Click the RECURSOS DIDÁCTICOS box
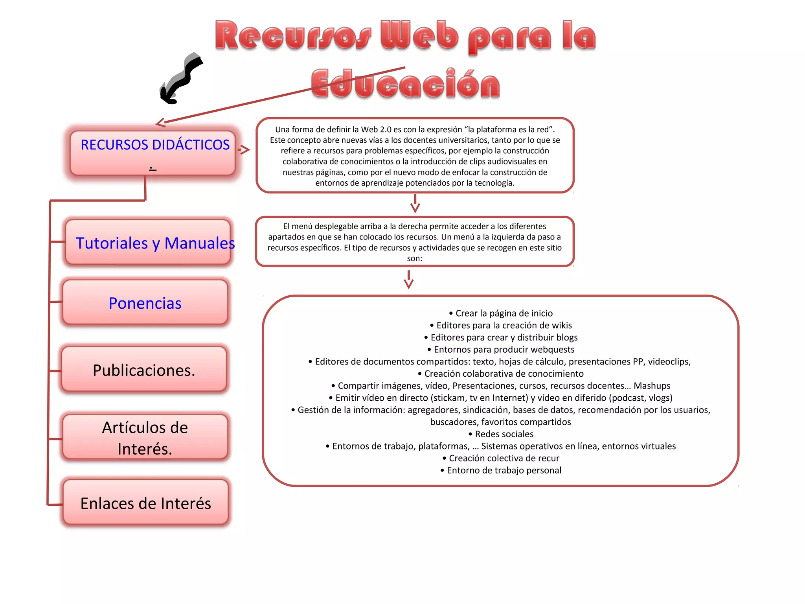coord(153,153)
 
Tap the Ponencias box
coord(145,303)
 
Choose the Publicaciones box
coord(144,370)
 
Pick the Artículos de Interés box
coord(145,437)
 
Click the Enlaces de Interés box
coord(145,503)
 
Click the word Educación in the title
coord(405,84)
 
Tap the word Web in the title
coord(419,36)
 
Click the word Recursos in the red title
coord(293,36)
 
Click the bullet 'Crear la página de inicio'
coord(501,313)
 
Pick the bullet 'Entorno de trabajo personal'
coord(501,470)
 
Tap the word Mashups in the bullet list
coord(652,385)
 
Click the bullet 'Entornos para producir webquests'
coord(501,349)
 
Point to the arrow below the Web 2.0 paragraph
coord(415,203)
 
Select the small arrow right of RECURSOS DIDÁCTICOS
coord(244,149)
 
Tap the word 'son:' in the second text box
coord(415,258)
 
